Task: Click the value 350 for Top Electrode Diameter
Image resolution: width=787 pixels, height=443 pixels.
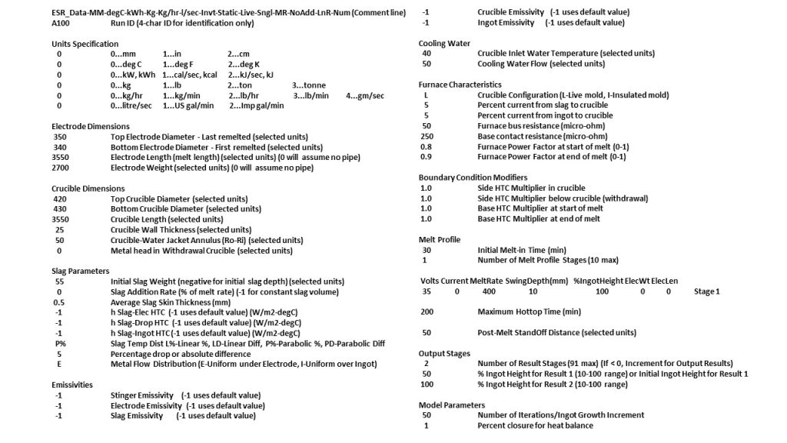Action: pos(61,136)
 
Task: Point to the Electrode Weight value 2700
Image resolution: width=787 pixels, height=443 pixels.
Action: pos(61,167)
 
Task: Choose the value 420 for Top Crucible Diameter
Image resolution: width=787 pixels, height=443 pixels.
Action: pos(61,198)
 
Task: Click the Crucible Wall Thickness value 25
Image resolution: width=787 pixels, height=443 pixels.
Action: pos(60,229)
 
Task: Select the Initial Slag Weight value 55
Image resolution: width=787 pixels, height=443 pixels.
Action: pos(60,281)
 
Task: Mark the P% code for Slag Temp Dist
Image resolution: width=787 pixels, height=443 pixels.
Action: pos(61,344)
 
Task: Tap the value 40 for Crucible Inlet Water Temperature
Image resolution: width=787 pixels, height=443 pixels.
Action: pos(427,53)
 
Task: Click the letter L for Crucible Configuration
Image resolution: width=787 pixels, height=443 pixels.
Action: pos(426,95)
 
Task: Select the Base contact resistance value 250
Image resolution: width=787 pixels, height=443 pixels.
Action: pos(427,136)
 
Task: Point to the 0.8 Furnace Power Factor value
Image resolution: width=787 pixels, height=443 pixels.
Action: pos(427,146)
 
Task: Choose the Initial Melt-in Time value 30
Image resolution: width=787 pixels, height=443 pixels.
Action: pos(427,250)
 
